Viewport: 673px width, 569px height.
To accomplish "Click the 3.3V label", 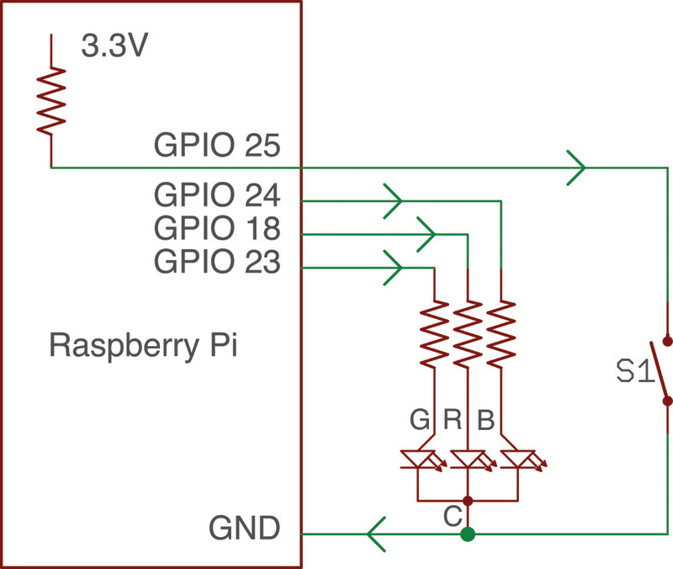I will pos(115,46).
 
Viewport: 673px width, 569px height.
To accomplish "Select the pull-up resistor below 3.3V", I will pos(51,99).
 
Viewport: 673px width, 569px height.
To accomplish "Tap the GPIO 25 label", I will pos(216,147).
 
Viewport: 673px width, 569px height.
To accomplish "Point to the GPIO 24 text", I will pos(216,196).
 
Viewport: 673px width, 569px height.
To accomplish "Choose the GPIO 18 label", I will pos(216,229).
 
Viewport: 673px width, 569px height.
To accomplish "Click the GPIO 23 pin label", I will pos(216,263).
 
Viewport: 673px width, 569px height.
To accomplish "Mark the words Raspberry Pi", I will pos(143,345).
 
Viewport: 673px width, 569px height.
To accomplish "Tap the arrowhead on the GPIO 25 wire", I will pos(576,167).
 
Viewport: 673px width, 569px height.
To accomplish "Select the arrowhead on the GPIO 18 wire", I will pos(426,234).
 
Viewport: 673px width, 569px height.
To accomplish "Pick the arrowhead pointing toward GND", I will pos(376,534).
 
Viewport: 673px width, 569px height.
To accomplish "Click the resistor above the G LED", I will pos(434,333).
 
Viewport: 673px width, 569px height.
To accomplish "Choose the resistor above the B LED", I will pos(501,333).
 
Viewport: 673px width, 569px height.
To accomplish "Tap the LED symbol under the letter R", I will pos(468,460).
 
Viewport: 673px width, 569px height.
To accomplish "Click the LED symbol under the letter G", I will pos(420,460).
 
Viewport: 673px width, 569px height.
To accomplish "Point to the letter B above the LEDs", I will pos(485,419).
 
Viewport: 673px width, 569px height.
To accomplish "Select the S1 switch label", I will pos(635,371).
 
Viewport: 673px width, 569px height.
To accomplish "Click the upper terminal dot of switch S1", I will pos(668,341).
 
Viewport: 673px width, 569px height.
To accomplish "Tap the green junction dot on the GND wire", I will pos(469,534).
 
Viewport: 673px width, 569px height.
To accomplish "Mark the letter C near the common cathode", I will pos(452,512).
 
